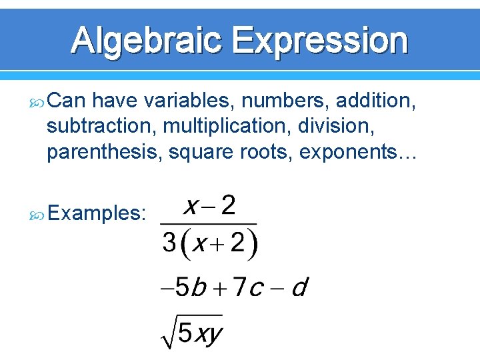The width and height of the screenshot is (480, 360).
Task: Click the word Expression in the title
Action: [320, 41]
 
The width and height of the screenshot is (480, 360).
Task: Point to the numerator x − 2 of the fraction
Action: [209, 206]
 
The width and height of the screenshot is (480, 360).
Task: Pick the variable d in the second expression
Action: [300, 288]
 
